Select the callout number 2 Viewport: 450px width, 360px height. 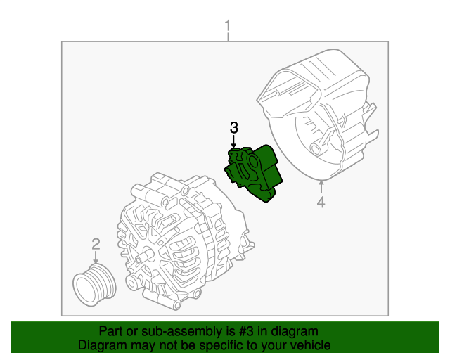tap(96, 244)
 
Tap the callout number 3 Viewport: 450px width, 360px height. tap(234, 127)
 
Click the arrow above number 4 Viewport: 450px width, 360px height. tap(321, 187)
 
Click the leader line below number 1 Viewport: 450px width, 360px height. tap(227, 38)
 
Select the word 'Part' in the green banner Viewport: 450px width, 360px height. tap(111, 331)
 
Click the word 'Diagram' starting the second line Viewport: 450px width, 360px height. tap(102, 345)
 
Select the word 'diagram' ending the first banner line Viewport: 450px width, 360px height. tap(295, 331)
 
